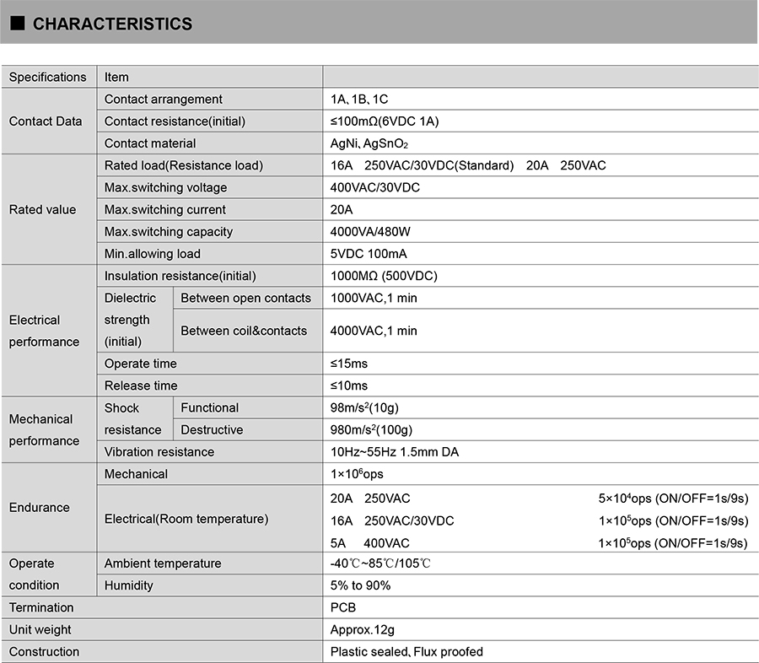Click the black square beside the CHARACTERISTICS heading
click(x=17, y=24)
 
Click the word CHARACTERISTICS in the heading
click(x=112, y=24)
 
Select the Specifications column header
click(x=47, y=77)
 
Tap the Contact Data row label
click(x=46, y=121)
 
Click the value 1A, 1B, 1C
click(x=359, y=100)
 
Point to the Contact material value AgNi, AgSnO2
click(x=369, y=143)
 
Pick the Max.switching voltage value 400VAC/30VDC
click(x=374, y=187)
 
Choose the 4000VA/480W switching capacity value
click(x=370, y=232)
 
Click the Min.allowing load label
click(x=153, y=254)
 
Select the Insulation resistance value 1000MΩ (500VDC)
click(x=384, y=276)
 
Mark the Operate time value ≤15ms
click(x=349, y=364)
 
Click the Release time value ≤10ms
click(x=349, y=385)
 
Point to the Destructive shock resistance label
click(x=212, y=429)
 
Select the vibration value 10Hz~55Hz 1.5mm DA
click(x=395, y=452)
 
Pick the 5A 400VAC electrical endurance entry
click(x=370, y=543)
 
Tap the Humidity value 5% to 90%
click(x=360, y=585)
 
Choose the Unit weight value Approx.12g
click(x=363, y=629)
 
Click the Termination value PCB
click(x=343, y=607)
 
